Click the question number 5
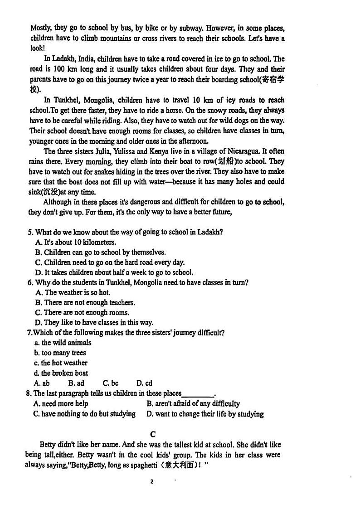pyautogui.click(x=30, y=232)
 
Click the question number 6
pyautogui.click(x=30, y=282)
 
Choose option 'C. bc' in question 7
pyautogui.click(x=110, y=383)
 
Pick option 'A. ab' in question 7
pyautogui.click(x=42, y=383)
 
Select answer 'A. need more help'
pyautogui.click(x=61, y=403)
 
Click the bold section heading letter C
pyautogui.click(x=153, y=434)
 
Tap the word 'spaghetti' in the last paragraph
pyautogui.click(x=132, y=465)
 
